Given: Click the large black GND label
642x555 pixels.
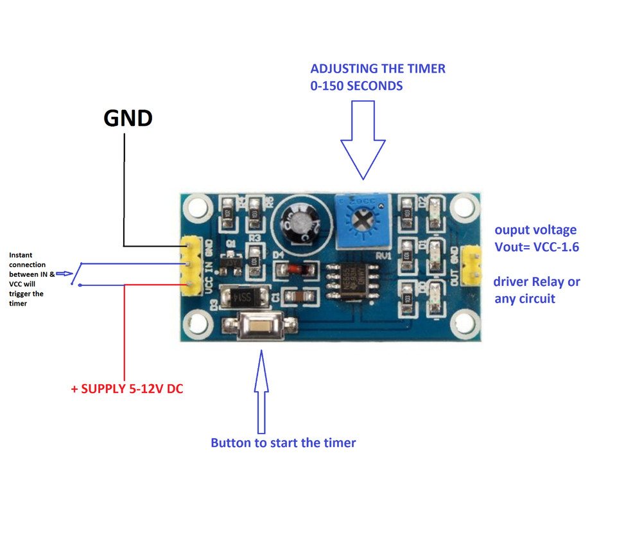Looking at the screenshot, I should point(128,118).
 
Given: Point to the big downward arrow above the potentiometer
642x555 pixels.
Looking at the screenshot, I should point(363,145).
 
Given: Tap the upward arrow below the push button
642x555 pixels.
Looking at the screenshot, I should point(261,392).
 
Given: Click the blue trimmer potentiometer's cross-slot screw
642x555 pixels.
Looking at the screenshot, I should point(361,221).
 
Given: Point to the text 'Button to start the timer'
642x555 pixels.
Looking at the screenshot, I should point(282,443).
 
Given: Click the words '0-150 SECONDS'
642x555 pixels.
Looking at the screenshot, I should point(356,85).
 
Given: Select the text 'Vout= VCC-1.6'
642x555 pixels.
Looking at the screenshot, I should point(537,247).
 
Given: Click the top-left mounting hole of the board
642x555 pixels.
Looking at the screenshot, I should point(197,206).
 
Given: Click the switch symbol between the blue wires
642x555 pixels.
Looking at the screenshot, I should point(76,274).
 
